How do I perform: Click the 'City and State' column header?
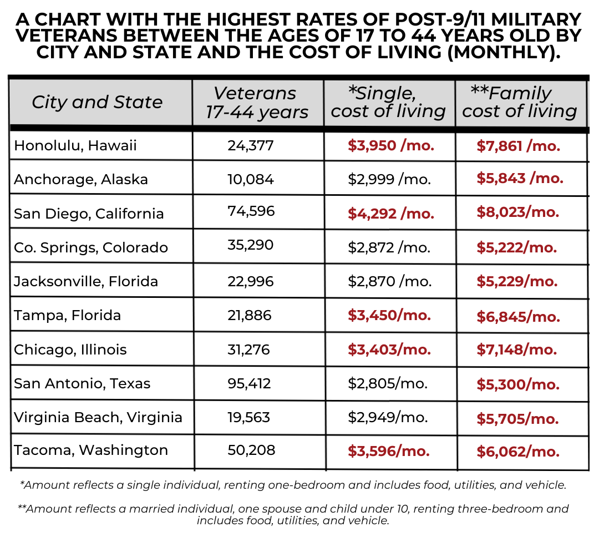(97, 102)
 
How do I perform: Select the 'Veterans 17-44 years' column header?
(256, 102)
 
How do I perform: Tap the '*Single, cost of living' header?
(388, 102)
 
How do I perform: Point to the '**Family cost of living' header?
(519, 102)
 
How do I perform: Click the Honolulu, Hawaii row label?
(75, 145)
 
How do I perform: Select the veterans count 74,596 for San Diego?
(251, 211)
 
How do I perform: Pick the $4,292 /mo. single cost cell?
(391, 214)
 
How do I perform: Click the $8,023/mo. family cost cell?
(517, 212)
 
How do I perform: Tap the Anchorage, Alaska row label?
(81, 179)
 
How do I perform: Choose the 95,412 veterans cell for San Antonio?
(249, 383)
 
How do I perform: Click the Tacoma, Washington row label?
(91, 450)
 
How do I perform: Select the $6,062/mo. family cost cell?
(517, 452)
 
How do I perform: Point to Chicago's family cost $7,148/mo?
(516, 349)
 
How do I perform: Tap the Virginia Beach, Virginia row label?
(98, 417)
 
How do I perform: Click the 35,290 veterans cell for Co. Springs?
(250, 245)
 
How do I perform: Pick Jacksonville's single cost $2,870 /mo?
(389, 281)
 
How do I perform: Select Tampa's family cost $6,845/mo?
(518, 316)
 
